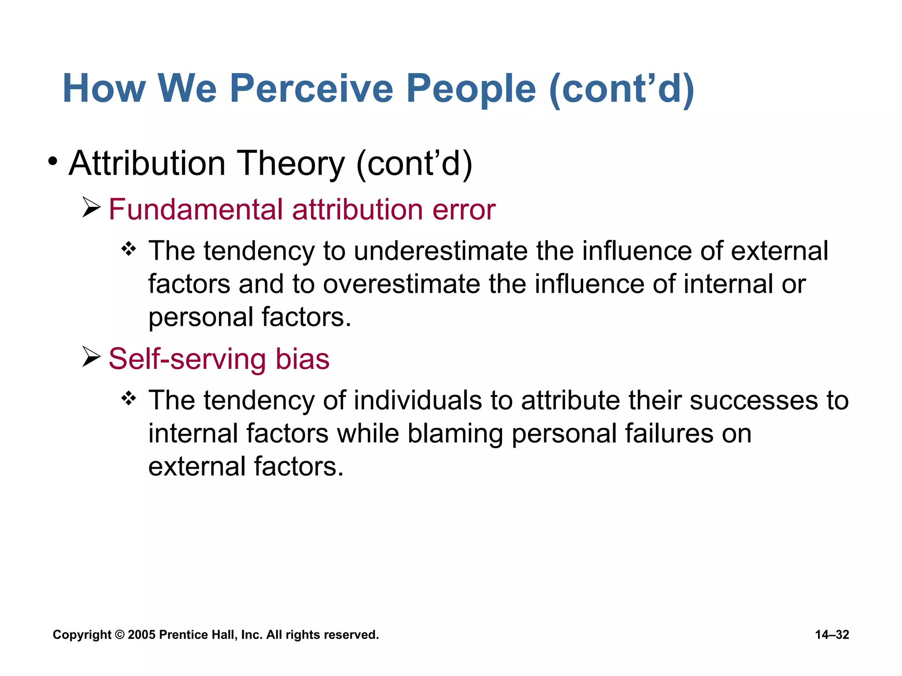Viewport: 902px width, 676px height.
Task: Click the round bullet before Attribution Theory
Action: point(53,162)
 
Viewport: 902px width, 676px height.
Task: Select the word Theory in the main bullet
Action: point(291,163)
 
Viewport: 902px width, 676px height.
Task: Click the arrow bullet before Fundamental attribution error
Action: point(92,208)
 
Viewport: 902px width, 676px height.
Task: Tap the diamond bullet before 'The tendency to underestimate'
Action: point(129,249)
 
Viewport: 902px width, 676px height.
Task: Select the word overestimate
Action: point(401,284)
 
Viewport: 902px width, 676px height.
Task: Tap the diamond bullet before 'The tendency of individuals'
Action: point(129,398)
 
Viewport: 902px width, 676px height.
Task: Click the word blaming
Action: point(455,434)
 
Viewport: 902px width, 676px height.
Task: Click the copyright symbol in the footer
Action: point(119,635)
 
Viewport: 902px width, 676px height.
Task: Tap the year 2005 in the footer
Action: point(141,635)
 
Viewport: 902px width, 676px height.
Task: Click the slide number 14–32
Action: point(832,635)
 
